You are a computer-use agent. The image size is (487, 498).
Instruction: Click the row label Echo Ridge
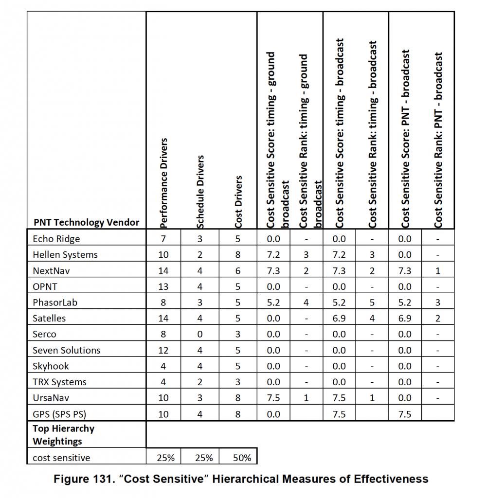click(x=56, y=239)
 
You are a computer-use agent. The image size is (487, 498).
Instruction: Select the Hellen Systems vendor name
click(x=65, y=255)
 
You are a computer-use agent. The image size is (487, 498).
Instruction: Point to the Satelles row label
click(x=49, y=319)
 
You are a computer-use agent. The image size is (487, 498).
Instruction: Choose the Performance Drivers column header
click(x=163, y=182)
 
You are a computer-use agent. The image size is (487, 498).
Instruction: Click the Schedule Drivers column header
click(x=200, y=192)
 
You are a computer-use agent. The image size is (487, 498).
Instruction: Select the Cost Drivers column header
click(x=238, y=202)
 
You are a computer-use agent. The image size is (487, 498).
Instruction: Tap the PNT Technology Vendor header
click(x=86, y=223)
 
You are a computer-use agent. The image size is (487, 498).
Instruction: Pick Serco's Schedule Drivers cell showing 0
click(x=200, y=335)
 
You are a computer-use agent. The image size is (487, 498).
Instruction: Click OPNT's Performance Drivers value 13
click(x=163, y=287)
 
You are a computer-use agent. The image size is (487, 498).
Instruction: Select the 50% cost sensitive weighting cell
click(x=238, y=458)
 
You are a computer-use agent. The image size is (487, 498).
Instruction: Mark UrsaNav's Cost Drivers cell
click(x=238, y=398)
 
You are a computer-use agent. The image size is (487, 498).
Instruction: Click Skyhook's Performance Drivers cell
click(x=163, y=366)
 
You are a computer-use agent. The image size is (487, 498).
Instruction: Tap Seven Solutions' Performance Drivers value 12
click(x=163, y=350)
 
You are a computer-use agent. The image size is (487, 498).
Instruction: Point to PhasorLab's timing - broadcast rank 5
click(x=372, y=302)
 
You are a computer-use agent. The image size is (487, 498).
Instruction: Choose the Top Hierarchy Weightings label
click(x=63, y=435)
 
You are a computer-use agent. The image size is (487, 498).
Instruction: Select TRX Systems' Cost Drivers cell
click(x=238, y=382)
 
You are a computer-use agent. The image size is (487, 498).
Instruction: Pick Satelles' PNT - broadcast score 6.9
click(x=405, y=319)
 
